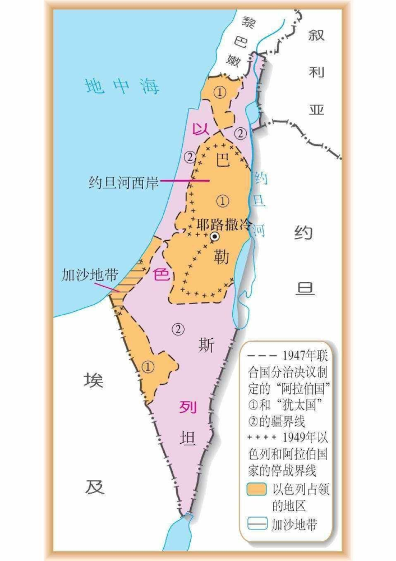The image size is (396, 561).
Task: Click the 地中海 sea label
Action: pos(122,86)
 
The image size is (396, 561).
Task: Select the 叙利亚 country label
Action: pos(317,72)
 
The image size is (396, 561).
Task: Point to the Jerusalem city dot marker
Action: pos(214,237)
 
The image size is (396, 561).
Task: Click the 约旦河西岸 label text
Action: pos(123,181)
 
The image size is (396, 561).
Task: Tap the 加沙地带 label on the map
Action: pos(89,275)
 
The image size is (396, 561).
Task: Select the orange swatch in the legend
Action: pos(256,489)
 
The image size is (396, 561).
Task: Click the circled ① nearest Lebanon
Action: pos(220,92)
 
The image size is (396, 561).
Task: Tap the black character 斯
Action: pos(206,346)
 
